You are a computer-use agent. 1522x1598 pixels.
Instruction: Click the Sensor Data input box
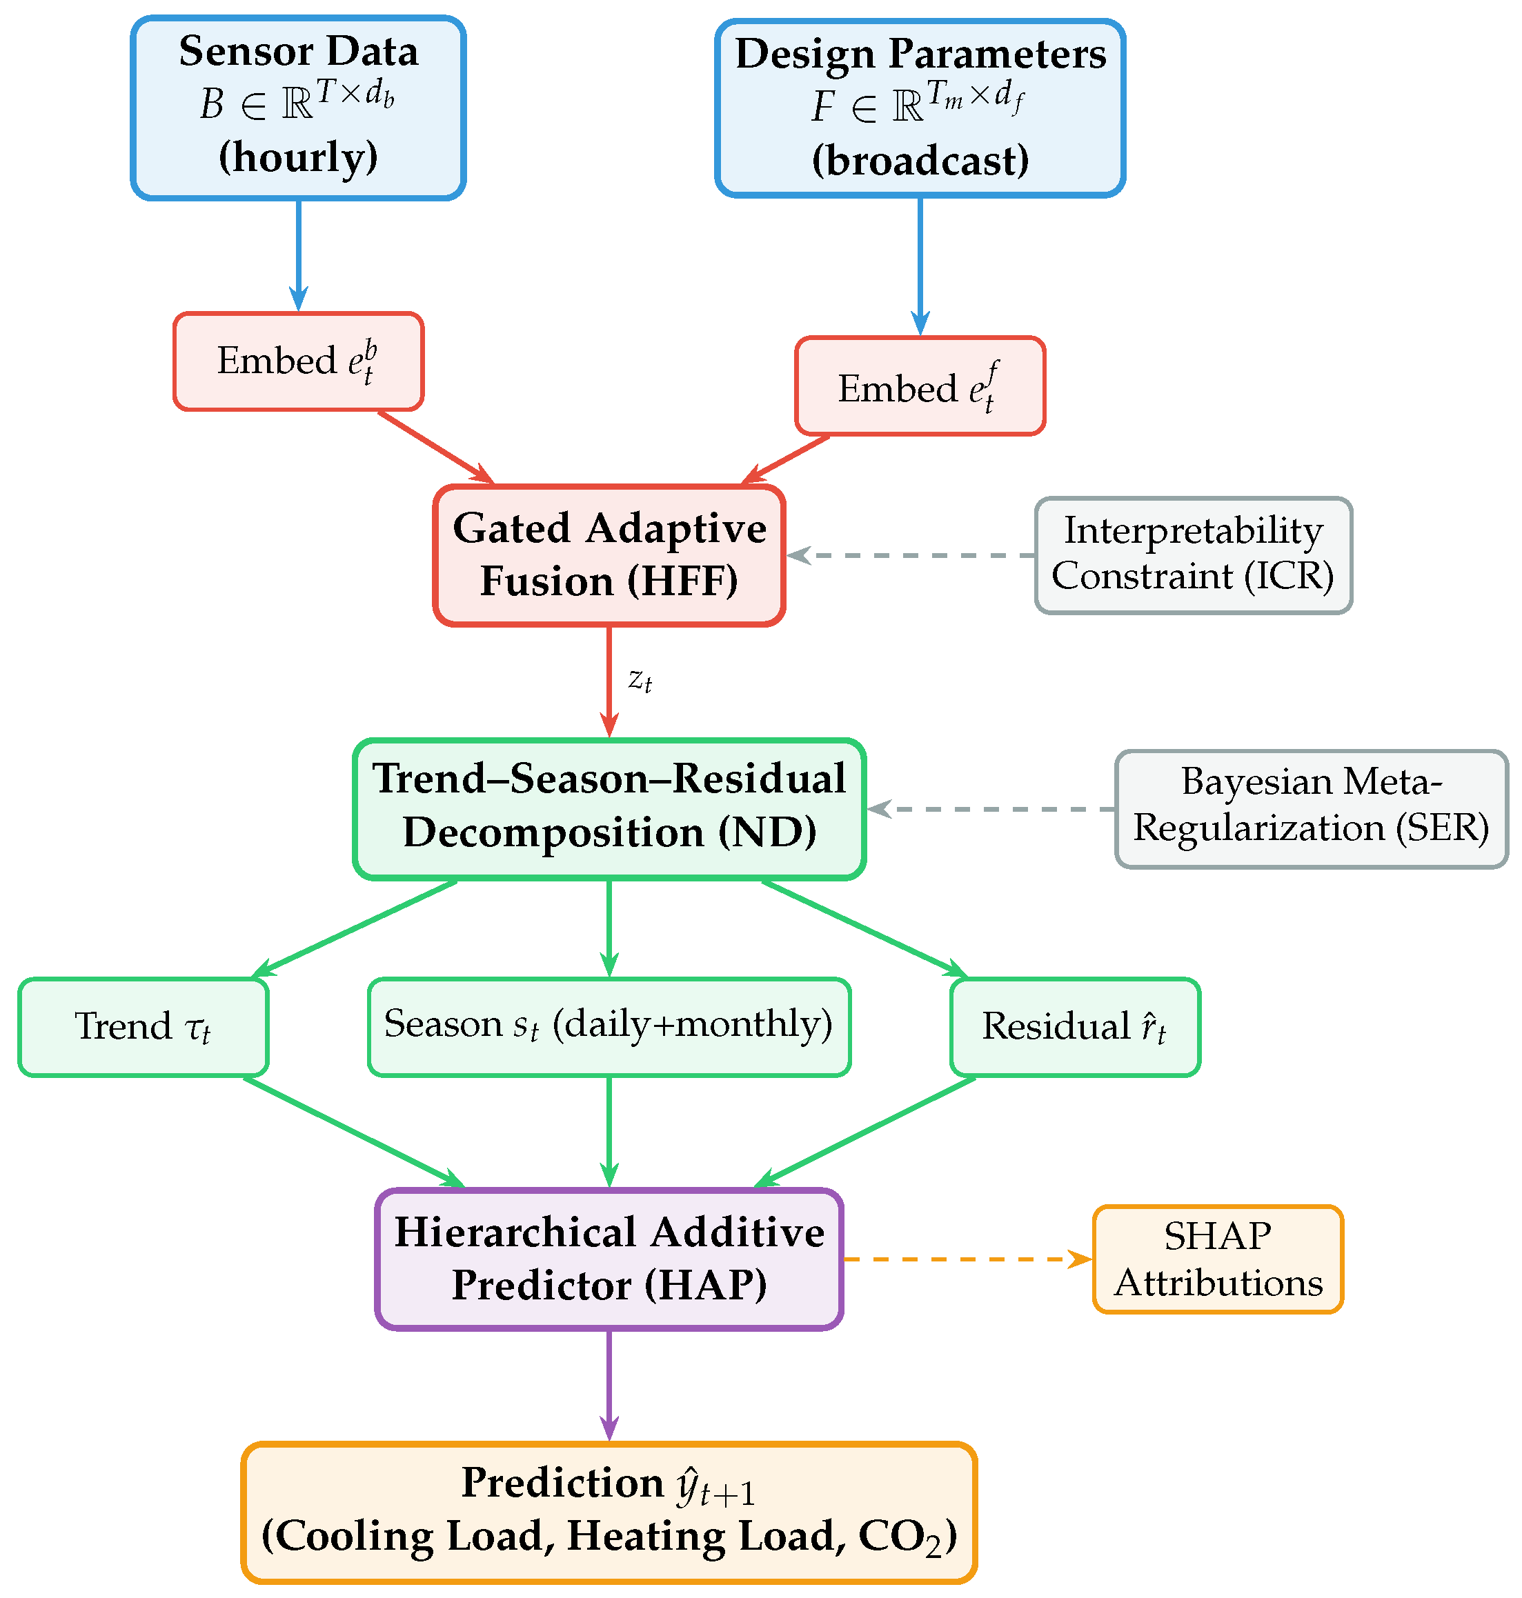[x=299, y=108]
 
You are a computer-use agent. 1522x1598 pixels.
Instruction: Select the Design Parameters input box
[x=920, y=108]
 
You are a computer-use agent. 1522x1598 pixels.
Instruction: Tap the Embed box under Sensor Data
[x=299, y=361]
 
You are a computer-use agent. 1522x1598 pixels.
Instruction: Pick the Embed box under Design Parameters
[x=920, y=386]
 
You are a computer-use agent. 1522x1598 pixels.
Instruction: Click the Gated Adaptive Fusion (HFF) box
[x=609, y=556]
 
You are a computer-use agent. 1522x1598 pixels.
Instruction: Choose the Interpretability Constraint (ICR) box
[x=1194, y=556]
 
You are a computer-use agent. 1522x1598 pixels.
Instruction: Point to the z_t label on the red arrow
[x=640, y=680]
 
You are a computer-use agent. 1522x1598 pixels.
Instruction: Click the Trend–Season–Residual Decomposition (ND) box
[x=609, y=809]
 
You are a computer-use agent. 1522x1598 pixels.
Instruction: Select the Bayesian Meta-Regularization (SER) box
[x=1311, y=809]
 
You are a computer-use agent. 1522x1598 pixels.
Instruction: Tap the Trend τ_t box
[x=144, y=1027]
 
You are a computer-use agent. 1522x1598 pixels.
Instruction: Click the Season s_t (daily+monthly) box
[x=609, y=1027]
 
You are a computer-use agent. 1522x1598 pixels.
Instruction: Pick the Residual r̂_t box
[x=1075, y=1027]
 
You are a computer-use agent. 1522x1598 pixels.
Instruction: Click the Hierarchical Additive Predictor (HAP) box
[x=609, y=1259]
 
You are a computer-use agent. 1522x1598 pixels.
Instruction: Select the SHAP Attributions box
[x=1218, y=1259]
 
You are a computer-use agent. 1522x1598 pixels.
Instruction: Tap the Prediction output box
[x=609, y=1513]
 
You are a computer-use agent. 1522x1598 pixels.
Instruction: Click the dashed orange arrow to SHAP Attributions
[x=968, y=1259]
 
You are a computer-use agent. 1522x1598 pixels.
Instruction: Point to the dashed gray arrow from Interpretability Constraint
[x=910, y=556]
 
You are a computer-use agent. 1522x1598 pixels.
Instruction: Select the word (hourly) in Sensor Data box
[x=299, y=157]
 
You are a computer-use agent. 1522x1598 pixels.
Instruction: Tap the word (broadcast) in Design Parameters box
[x=920, y=160]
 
